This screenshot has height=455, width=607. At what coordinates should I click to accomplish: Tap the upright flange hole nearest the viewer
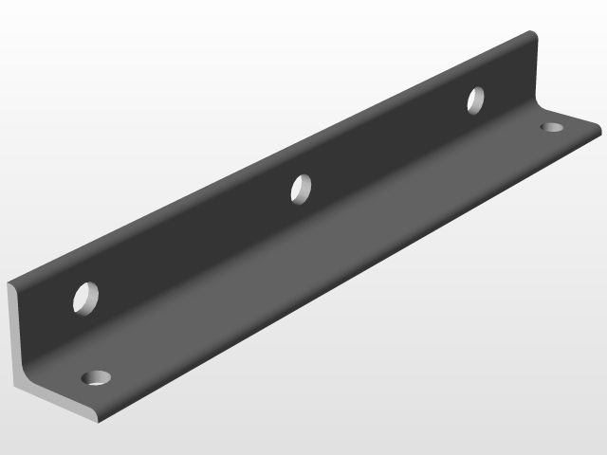pos(87,298)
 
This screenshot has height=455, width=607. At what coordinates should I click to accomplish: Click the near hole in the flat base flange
pos(96,378)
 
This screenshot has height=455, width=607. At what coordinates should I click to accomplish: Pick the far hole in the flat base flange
pos(551,127)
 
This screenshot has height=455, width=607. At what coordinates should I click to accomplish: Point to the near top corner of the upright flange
pos(9,282)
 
